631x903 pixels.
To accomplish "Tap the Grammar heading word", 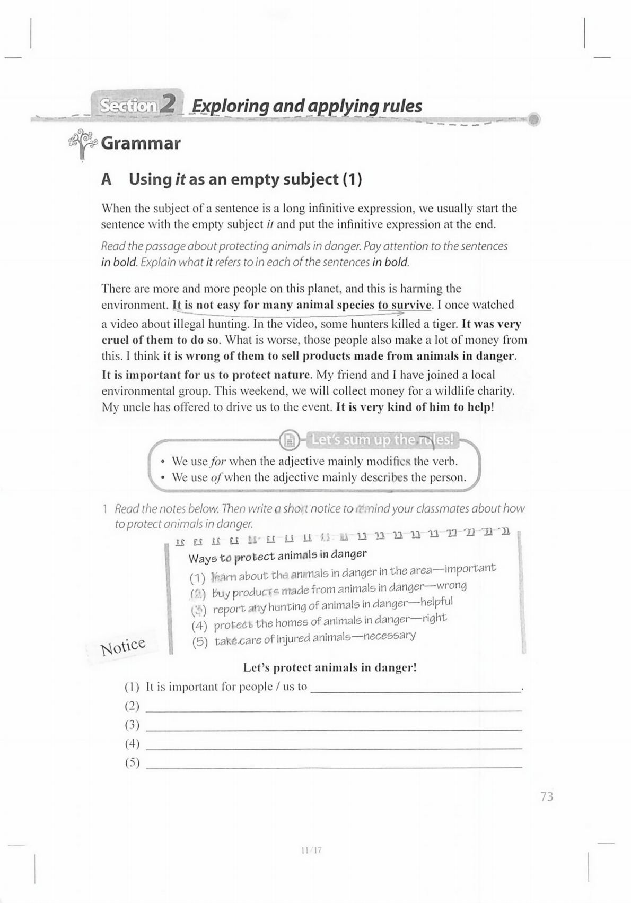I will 141,143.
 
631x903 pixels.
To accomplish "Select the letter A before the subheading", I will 107,179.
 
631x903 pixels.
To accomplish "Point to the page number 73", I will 547,796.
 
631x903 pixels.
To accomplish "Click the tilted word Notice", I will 123,646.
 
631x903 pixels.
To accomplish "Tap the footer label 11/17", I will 311,850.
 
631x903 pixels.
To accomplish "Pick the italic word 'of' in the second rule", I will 216,477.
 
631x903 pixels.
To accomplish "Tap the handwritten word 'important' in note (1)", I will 470,569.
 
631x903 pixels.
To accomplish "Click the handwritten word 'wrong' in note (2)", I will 451,586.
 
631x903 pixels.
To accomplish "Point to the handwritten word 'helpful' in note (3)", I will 436,602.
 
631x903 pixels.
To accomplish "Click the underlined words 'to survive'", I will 405,305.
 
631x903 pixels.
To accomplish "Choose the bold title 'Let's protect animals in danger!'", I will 330,667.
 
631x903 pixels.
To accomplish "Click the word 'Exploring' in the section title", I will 230,106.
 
